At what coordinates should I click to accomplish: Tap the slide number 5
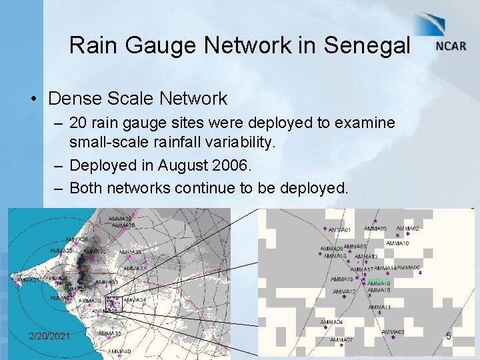(449, 336)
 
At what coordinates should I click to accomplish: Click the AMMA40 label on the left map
(119, 351)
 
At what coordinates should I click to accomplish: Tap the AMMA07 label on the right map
(341, 339)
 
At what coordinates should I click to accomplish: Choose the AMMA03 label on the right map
(393, 331)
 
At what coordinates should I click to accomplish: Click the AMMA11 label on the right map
(379, 307)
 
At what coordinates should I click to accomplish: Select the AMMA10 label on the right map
(397, 243)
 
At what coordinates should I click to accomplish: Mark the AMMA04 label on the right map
(331, 322)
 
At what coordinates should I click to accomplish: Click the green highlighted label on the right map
(379, 281)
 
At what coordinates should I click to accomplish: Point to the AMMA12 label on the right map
(344, 291)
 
